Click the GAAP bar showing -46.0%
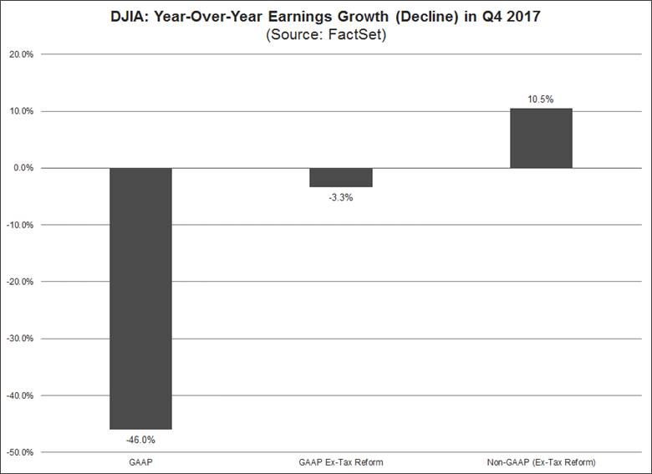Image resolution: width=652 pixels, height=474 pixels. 140,298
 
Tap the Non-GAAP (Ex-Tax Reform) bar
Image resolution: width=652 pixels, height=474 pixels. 541,138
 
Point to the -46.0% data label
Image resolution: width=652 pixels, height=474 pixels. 140,438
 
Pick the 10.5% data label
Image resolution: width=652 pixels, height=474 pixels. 541,99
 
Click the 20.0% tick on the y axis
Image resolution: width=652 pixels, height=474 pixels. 21,54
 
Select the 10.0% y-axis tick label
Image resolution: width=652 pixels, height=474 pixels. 21,111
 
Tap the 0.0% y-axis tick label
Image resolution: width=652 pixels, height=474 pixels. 23,168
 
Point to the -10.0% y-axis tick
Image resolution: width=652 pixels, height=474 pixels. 20,225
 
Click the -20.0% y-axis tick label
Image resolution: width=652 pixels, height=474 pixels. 20,282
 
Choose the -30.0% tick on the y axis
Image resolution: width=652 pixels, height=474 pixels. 20,339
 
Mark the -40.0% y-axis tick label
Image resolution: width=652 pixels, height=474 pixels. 20,395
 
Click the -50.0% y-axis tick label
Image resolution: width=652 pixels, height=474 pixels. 20,452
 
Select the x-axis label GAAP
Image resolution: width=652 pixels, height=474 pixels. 140,462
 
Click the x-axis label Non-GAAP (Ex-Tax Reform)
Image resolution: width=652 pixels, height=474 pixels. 541,462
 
